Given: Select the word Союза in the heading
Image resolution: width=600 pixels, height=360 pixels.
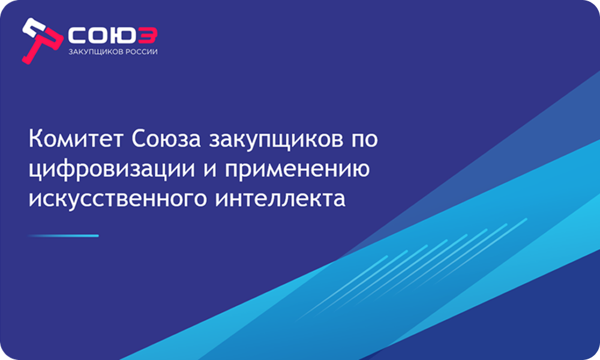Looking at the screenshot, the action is coord(166,139).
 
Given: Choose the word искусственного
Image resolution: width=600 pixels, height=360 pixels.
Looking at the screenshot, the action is coord(118,200).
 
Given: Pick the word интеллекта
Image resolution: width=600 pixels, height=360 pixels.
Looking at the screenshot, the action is coord(280,199).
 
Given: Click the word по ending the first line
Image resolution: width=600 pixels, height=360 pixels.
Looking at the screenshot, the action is coord(365,140).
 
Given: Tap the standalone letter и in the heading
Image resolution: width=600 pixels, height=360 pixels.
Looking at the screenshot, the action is coord(210,170).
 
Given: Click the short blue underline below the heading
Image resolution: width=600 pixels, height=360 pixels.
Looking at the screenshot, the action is coord(64,236).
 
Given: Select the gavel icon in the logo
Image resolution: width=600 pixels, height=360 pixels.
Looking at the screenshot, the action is coord(41,40).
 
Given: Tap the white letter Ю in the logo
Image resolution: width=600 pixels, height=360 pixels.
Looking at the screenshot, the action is coord(122,35).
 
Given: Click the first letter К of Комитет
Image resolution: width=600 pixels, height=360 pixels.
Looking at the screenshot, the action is coord(35,138).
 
